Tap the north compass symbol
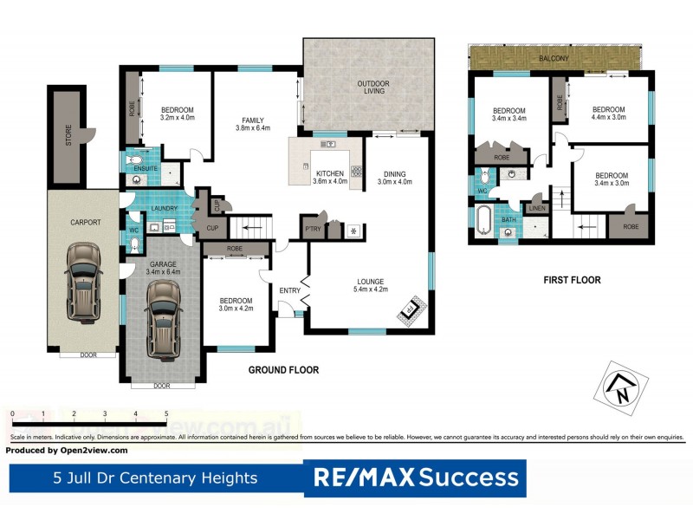(620, 390)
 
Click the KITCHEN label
(330, 173)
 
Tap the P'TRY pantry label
(312, 229)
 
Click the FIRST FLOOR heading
(572, 280)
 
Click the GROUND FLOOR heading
(283, 370)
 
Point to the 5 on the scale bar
(165, 413)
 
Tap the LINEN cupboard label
(537, 208)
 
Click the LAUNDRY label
(164, 209)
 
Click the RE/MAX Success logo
(415, 478)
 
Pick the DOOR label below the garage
(162, 386)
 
